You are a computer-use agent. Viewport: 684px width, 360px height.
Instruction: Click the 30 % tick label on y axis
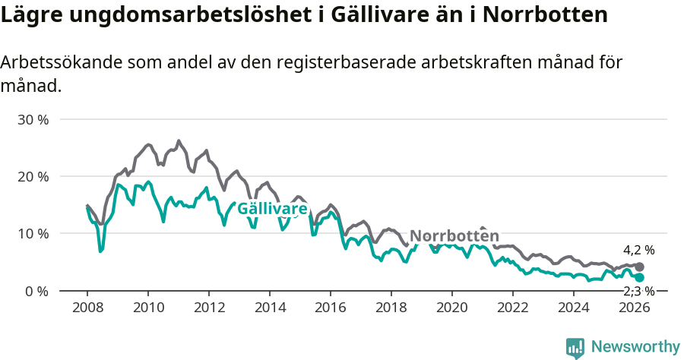click(33, 120)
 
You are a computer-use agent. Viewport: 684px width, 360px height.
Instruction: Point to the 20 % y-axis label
click(33, 177)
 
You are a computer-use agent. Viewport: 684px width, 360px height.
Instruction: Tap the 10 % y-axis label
click(33, 234)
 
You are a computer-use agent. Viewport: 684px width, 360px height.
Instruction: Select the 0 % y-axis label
click(36, 291)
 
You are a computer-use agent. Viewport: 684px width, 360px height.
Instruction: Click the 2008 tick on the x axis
click(87, 308)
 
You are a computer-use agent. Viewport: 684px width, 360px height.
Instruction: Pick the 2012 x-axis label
click(208, 308)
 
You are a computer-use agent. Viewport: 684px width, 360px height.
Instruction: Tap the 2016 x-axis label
click(330, 308)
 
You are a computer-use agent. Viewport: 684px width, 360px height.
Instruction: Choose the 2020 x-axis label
click(451, 308)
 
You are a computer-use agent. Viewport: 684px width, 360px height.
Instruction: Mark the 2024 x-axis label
click(574, 308)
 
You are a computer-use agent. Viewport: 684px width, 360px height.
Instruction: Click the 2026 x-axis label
click(635, 308)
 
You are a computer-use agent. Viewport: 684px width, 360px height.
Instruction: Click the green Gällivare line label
click(272, 209)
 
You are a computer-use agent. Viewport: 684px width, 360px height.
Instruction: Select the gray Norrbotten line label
click(454, 235)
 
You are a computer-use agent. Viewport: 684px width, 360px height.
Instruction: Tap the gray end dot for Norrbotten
click(640, 267)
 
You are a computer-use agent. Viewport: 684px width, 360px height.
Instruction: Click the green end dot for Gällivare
click(640, 278)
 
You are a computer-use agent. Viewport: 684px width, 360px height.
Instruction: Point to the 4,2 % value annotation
click(638, 250)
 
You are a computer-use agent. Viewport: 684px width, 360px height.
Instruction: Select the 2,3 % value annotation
click(638, 292)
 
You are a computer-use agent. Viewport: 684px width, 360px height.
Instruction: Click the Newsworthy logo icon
click(575, 347)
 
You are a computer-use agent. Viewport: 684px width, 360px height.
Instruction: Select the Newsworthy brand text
click(635, 347)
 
